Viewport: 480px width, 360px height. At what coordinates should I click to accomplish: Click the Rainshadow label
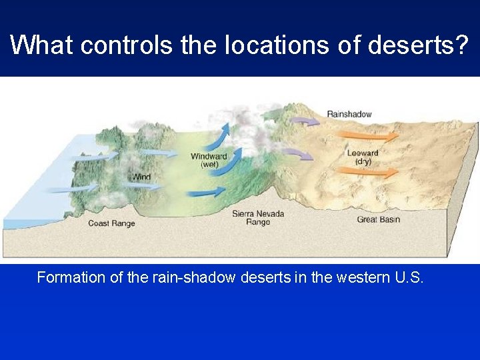[x=349, y=114]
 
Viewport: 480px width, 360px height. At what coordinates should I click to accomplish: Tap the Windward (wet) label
[x=209, y=161]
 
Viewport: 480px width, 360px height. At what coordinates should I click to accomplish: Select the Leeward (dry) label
[x=363, y=157]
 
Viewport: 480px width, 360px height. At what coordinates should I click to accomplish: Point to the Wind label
[x=141, y=177]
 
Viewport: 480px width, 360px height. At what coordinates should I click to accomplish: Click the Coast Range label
[x=111, y=223]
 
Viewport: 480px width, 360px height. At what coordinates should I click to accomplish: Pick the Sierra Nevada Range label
[x=258, y=217]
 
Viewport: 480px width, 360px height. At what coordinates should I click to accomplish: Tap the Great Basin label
[x=378, y=219]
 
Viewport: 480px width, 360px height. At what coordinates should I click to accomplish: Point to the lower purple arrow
[x=297, y=154]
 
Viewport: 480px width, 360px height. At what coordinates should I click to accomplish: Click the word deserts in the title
[x=418, y=45]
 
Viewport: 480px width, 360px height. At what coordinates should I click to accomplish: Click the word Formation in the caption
[x=68, y=277]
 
